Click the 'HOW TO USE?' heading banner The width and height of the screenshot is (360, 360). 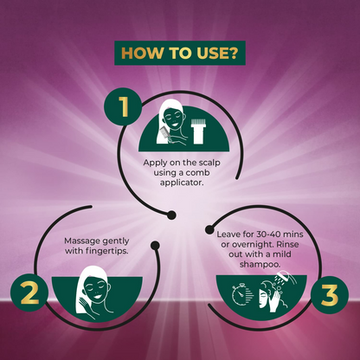point(180,53)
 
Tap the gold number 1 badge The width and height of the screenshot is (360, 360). point(124,106)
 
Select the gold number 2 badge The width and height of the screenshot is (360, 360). point(29,292)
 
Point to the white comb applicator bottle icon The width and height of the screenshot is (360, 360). point(198,132)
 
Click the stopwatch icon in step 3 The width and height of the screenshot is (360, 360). point(240,294)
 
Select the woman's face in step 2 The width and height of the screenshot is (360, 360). point(95,289)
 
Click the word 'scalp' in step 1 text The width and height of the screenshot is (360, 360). point(209,163)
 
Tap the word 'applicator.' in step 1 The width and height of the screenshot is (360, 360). point(182,183)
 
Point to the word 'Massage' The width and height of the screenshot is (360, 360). point(81,241)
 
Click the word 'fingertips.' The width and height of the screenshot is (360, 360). point(107,251)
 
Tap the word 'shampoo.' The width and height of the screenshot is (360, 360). point(260,264)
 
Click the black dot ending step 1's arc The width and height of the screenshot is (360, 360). point(171,215)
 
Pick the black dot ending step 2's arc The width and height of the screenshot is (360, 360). point(155,245)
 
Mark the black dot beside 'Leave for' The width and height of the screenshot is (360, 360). point(209,229)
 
